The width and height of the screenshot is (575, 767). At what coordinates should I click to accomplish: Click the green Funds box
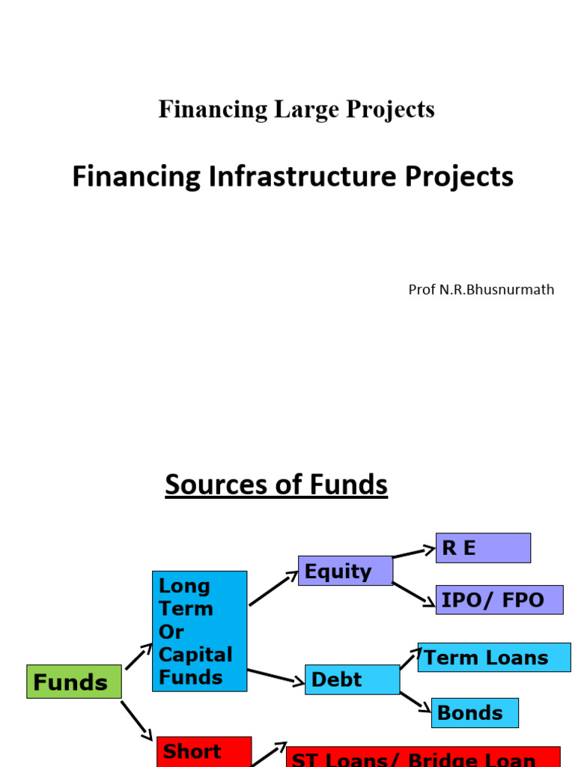pyautogui.click(x=73, y=682)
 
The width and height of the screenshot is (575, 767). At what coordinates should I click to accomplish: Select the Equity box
pyautogui.click(x=345, y=571)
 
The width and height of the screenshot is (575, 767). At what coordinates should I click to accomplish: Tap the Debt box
pyautogui.click(x=352, y=679)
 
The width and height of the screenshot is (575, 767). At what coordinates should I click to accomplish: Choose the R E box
pyautogui.click(x=483, y=548)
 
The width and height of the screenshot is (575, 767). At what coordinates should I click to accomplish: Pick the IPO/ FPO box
pyautogui.click(x=499, y=600)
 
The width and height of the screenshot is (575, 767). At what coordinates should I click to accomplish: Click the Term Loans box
pyautogui.click(x=494, y=658)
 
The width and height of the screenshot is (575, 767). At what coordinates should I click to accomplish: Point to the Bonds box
pyautogui.click(x=475, y=712)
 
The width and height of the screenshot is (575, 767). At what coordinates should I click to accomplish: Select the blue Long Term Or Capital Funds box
pyautogui.click(x=199, y=631)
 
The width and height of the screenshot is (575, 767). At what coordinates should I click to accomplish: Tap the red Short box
pyautogui.click(x=204, y=752)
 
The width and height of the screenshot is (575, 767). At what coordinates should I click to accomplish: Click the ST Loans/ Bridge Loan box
pyautogui.click(x=424, y=757)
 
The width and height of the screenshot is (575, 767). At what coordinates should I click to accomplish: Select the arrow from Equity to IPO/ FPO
pyautogui.click(x=414, y=593)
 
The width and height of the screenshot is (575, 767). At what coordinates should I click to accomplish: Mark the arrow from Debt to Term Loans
pyautogui.click(x=410, y=658)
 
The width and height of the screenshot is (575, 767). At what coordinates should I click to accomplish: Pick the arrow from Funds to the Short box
pyautogui.click(x=137, y=721)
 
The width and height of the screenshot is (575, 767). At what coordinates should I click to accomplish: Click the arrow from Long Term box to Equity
pyautogui.click(x=273, y=589)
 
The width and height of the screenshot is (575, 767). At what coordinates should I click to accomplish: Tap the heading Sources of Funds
pyautogui.click(x=276, y=485)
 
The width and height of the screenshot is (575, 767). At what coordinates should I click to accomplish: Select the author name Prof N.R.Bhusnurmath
pyautogui.click(x=481, y=289)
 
